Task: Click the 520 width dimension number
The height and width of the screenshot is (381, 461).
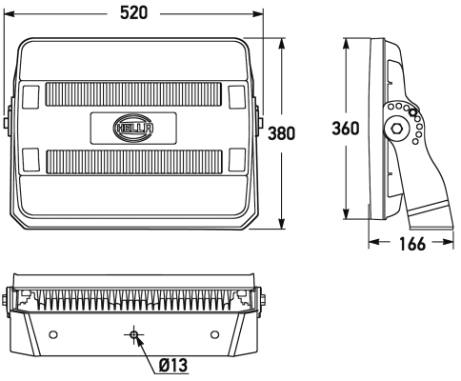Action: pyautogui.click(x=135, y=14)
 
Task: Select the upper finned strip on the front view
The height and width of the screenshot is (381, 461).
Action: pyautogui.click(x=133, y=96)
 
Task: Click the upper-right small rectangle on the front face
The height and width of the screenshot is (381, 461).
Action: pyautogui.click(x=237, y=96)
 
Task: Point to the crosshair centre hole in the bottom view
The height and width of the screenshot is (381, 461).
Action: pyautogui.click(x=134, y=334)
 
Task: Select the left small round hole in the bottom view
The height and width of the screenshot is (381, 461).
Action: pyautogui.click(x=52, y=334)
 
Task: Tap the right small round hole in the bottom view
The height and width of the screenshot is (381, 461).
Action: pyautogui.click(x=215, y=334)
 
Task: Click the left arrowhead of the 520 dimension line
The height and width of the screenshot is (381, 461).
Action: pyautogui.click(x=10, y=14)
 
